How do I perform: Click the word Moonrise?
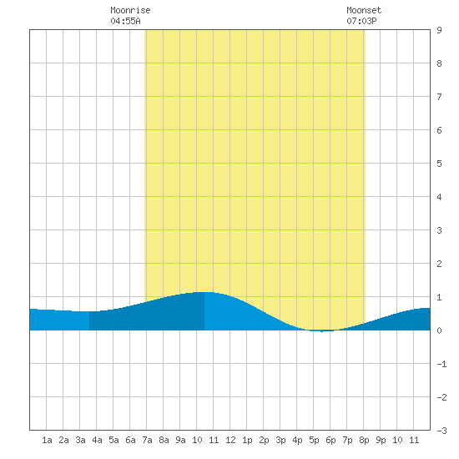tap(130, 10)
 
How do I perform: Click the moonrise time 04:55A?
tap(125, 21)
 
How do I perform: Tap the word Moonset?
tap(364, 10)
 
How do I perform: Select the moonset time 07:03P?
tap(361, 21)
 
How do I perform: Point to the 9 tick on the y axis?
tap(439, 30)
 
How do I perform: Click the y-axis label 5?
tap(439, 164)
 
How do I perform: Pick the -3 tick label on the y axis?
tap(441, 431)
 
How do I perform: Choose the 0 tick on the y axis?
tap(439, 330)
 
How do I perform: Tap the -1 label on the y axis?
tap(441, 364)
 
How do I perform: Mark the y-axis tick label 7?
tap(439, 97)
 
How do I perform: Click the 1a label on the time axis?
tap(47, 440)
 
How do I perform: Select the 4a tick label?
tap(97, 440)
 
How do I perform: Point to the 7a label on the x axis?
tap(147, 440)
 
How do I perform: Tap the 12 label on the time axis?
tap(230, 440)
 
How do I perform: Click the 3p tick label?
tap(280, 440)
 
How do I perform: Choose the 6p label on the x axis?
tap(330, 440)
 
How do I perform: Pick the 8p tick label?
tap(364, 440)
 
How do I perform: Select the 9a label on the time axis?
tap(180, 440)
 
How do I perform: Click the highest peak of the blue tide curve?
tap(204, 292)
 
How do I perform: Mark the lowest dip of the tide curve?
tap(321, 331)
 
